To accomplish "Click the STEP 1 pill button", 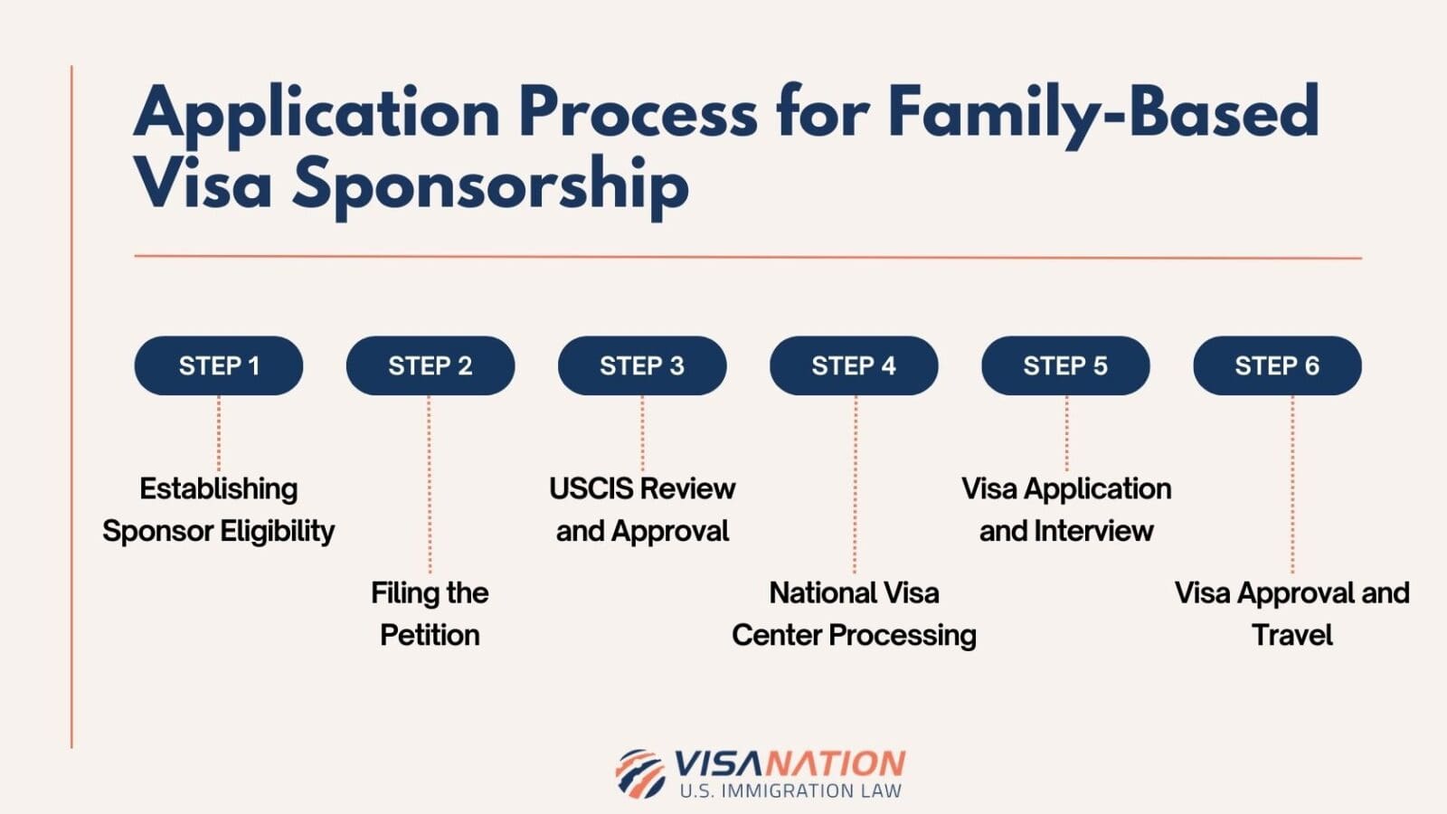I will click(x=219, y=365).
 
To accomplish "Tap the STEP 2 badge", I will click(x=430, y=365).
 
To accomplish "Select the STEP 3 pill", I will click(x=642, y=365).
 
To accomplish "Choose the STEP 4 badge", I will click(x=854, y=365).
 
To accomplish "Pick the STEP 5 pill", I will click(x=1065, y=365).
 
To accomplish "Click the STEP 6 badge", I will click(x=1277, y=365).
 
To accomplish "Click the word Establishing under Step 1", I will click(x=219, y=488).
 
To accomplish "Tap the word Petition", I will click(x=430, y=635).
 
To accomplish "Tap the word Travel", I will click(x=1291, y=635).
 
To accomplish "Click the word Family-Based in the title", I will click(x=1102, y=113).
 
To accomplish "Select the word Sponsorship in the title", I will click(x=490, y=185).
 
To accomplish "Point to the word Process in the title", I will click(x=638, y=113).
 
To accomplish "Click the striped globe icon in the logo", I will click(x=640, y=773).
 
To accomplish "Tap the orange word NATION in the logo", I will click(x=834, y=764).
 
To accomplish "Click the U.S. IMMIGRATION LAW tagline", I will click(x=790, y=790).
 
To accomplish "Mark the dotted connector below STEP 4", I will click(x=855, y=484).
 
